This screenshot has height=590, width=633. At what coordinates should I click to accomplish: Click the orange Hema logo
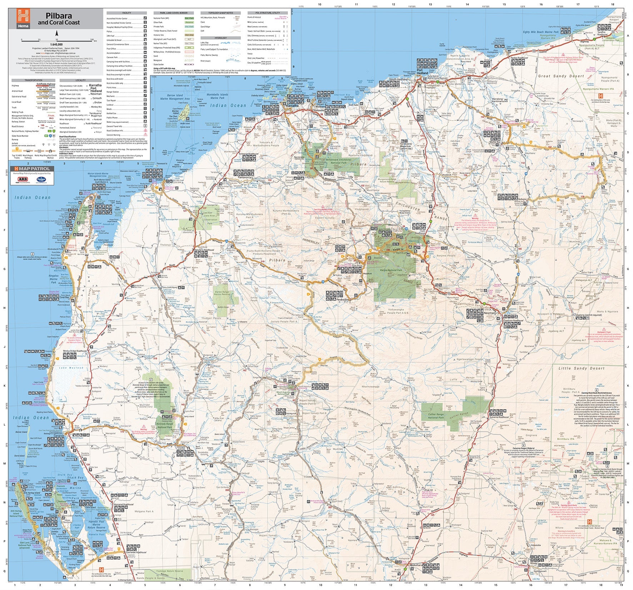pyautogui.click(x=23, y=19)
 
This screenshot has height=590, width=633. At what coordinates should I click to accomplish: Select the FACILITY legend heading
pyautogui.click(x=126, y=13)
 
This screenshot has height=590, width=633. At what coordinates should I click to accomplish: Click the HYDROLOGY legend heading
pyautogui.click(x=220, y=38)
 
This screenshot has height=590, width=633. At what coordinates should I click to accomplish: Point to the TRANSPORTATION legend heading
pyautogui.click(x=33, y=80)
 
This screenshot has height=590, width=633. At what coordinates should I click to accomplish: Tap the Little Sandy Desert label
pyautogui.click(x=582, y=368)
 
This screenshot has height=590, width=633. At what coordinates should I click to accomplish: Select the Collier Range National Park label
pyautogui.click(x=436, y=416)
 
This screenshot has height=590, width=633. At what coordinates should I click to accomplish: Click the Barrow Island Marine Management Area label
pyautogui.click(x=175, y=97)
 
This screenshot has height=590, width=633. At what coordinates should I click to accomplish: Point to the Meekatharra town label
pyautogui.click(x=406, y=575)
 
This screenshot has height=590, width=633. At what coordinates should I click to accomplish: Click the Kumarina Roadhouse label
pyautogui.click(x=500, y=417)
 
